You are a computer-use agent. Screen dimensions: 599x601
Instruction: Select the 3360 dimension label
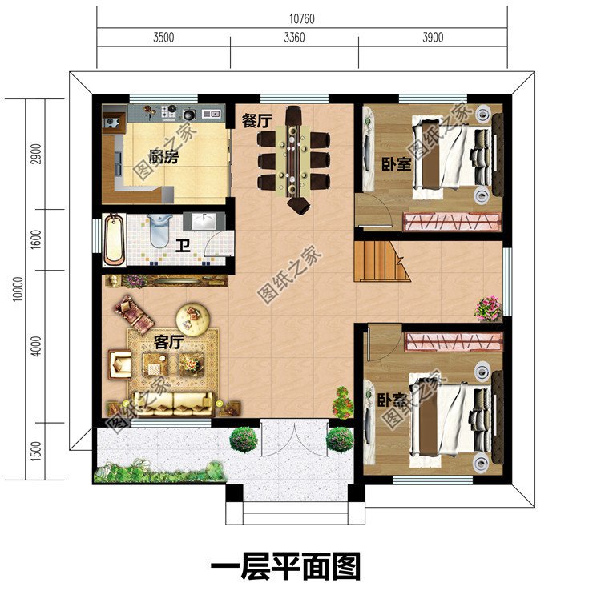(x=293, y=37)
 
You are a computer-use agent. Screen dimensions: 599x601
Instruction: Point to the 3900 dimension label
(x=432, y=37)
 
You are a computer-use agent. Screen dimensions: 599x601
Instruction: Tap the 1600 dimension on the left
(x=35, y=239)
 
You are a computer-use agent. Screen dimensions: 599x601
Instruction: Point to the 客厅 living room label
(x=168, y=342)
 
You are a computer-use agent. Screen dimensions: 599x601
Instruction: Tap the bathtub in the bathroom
(x=114, y=238)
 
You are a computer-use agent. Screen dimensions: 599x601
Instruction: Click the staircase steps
(x=380, y=261)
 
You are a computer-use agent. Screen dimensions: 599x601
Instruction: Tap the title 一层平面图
(x=285, y=567)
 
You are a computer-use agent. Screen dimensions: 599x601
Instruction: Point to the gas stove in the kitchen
(x=169, y=112)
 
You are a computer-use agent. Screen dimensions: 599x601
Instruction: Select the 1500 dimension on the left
(x=35, y=452)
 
